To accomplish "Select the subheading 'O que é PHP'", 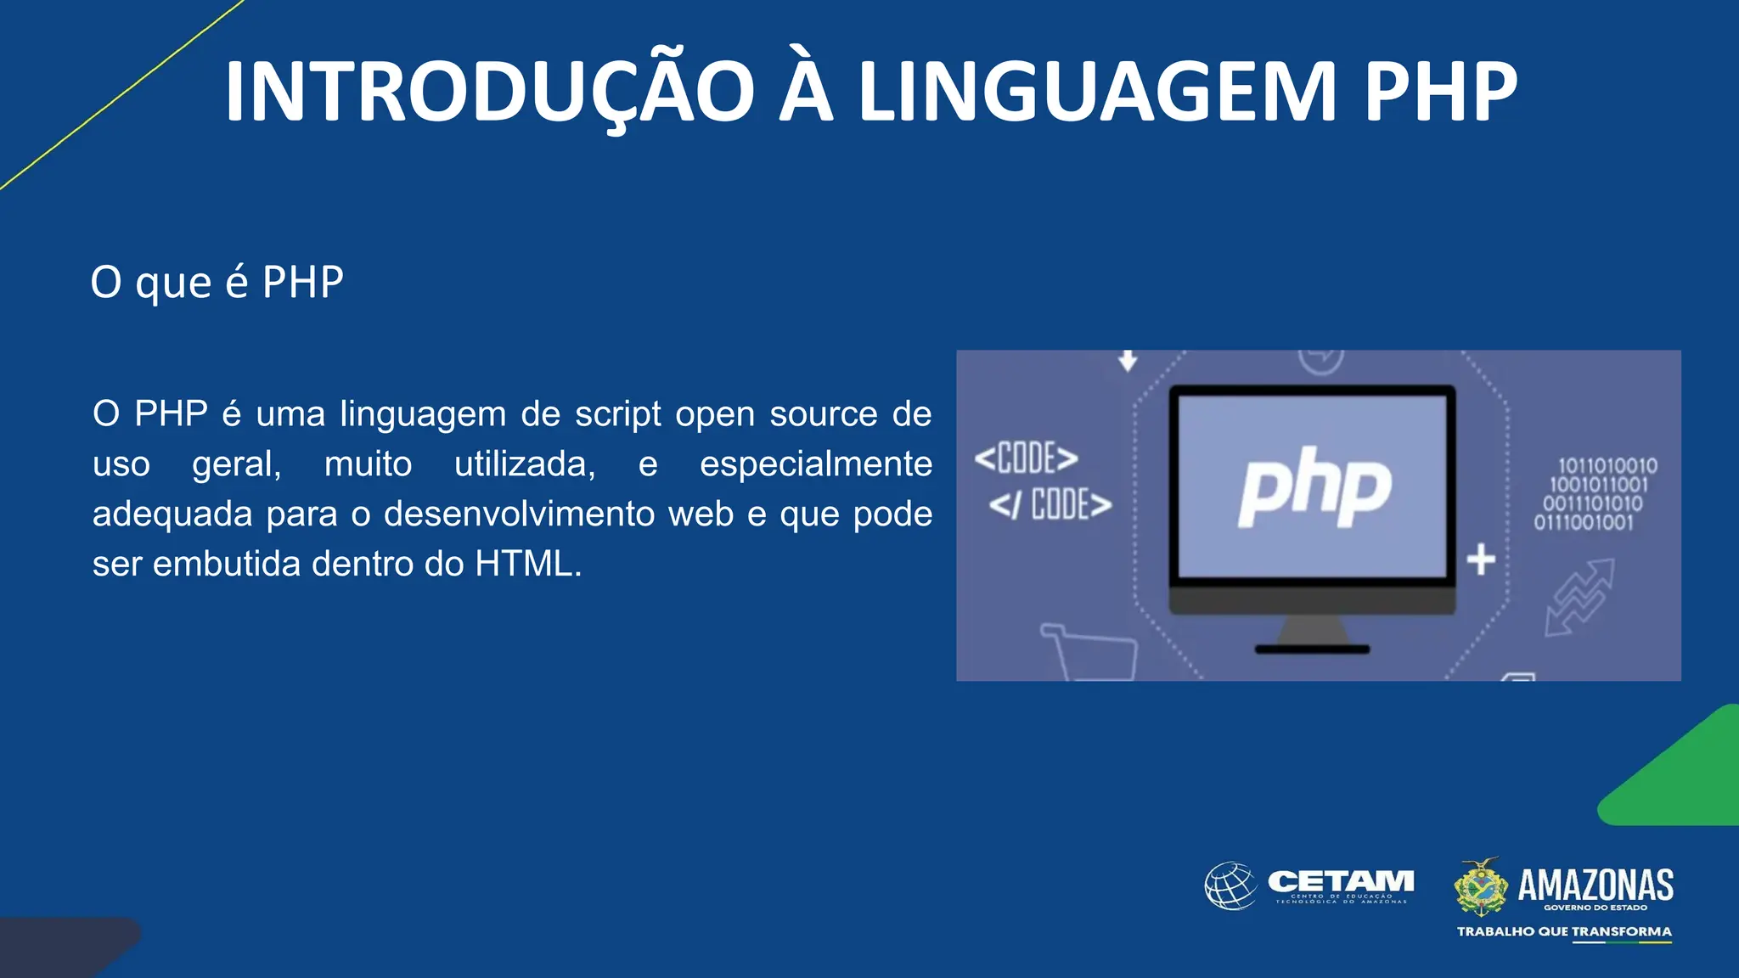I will click(x=217, y=282).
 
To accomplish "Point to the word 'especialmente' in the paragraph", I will click(x=815, y=464).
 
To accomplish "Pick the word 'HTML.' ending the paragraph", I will click(x=528, y=565).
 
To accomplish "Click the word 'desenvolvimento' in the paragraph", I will click(x=558, y=514).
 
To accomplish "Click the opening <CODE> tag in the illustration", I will click(x=1026, y=458).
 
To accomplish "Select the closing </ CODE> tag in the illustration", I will click(x=1050, y=505).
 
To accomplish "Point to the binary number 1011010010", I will click(x=1607, y=466).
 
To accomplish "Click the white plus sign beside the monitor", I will click(x=1481, y=559).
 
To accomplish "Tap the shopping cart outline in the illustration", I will click(x=1089, y=652).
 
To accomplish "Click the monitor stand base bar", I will click(x=1312, y=649).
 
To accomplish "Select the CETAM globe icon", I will click(x=1230, y=885).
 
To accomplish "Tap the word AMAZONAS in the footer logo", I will click(x=1595, y=885).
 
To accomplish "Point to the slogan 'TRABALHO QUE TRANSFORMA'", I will click(x=1564, y=931).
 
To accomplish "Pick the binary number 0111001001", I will click(x=1583, y=522).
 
